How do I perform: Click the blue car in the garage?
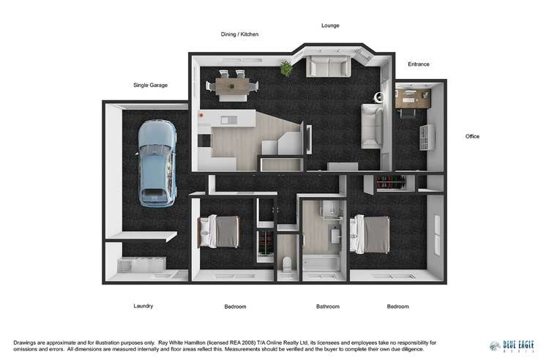point(157,161)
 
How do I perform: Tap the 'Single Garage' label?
point(150,85)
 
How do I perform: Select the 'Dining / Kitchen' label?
point(239,34)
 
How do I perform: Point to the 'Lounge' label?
point(330,26)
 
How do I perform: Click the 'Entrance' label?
point(419,64)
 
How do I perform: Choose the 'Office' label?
point(473,136)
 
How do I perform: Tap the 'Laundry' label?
point(144,306)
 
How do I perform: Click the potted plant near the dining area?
point(286,69)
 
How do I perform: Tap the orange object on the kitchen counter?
point(201,115)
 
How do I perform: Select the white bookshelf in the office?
point(427,136)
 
